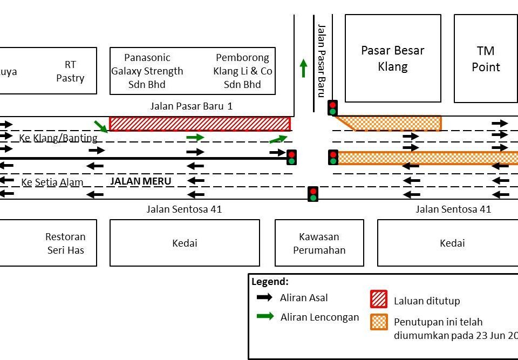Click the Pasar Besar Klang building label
click(x=392, y=58)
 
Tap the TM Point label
click(x=486, y=59)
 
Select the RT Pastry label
click(x=70, y=71)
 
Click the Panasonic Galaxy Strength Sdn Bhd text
click(x=147, y=71)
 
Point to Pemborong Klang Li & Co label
click(x=243, y=71)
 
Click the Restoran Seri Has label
click(x=65, y=243)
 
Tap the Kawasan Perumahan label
click(x=319, y=243)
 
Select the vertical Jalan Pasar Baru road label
click(x=322, y=60)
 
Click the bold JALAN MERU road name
click(x=140, y=181)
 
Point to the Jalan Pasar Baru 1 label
click(x=191, y=106)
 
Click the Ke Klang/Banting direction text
click(x=58, y=138)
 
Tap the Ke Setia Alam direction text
click(x=52, y=182)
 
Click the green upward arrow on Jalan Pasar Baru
click(x=303, y=68)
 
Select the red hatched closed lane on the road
click(x=200, y=124)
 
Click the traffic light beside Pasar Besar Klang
click(x=333, y=108)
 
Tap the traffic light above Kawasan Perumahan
click(x=313, y=194)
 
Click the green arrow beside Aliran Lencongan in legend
click(x=265, y=316)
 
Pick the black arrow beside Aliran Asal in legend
click(x=264, y=297)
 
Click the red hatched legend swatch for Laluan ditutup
click(x=378, y=300)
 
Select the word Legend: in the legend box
click(x=270, y=282)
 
